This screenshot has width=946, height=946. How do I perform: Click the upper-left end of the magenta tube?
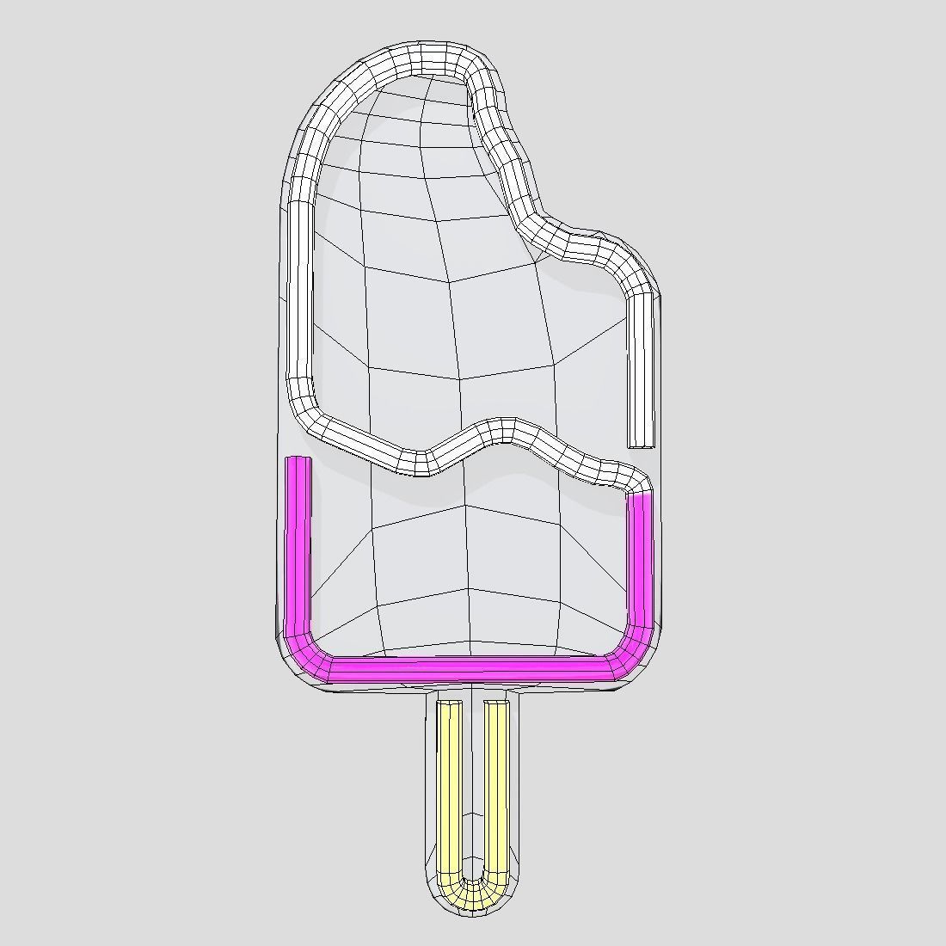(x=298, y=462)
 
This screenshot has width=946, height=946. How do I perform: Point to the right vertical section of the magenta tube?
(x=639, y=559)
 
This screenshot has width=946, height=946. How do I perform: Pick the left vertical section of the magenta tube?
(x=298, y=550)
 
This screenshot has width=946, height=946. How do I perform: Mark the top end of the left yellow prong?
(x=449, y=704)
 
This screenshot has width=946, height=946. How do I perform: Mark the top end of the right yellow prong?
(x=495, y=704)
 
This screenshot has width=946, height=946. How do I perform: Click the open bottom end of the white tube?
(x=641, y=444)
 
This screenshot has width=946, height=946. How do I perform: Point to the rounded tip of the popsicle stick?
(x=472, y=910)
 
